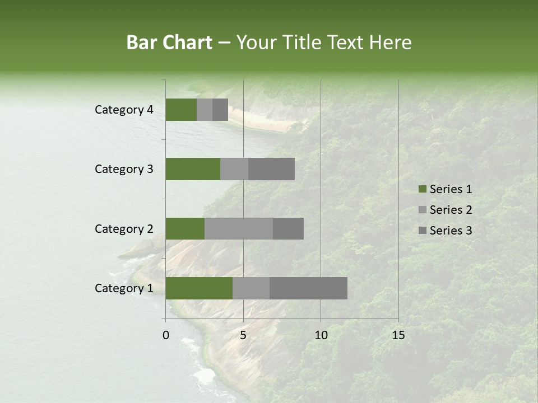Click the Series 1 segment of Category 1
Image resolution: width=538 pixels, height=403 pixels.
tap(199, 288)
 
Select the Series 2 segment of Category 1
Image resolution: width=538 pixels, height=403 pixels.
tap(251, 288)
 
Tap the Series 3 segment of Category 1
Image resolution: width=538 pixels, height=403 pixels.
tap(308, 288)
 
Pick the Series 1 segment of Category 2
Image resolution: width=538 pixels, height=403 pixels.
tap(185, 228)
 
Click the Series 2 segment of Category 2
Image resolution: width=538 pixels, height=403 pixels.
tap(239, 228)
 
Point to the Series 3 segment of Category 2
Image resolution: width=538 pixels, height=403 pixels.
tap(288, 228)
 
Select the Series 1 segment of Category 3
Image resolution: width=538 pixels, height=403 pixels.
tap(193, 169)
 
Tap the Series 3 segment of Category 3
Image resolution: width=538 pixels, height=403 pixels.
tap(271, 169)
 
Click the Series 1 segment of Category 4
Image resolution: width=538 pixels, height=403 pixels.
tap(181, 110)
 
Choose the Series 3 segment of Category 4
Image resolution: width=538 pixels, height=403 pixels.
tap(220, 110)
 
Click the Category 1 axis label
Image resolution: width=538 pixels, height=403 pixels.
tap(124, 288)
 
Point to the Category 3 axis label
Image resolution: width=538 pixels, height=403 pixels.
tap(124, 169)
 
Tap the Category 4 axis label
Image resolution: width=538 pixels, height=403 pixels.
tap(124, 110)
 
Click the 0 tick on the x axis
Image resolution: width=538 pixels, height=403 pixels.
tap(166, 335)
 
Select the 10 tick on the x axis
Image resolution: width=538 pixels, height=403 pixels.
tap(321, 335)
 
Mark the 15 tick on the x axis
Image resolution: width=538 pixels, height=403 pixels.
tap(398, 335)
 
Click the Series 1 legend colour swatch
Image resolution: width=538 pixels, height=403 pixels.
tap(422, 189)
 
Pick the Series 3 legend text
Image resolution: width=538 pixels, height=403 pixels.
tap(451, 231)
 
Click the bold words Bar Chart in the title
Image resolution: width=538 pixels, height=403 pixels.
tap(169, 43)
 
